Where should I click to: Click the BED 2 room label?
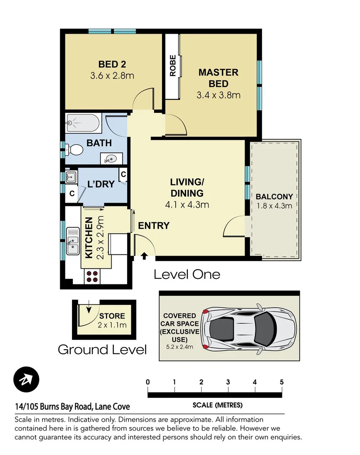tap(112, 64)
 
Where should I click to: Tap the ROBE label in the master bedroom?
tap(173, 66)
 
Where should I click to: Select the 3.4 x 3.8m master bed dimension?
tap(218, 95)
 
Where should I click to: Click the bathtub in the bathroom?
tap(83, 123)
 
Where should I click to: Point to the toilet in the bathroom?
tap(75, 149)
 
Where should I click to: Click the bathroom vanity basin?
tap(111, 158)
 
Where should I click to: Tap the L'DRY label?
tap(101, 184)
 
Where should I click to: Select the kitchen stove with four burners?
tap(93, 276)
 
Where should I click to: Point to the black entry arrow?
tap(144, 255)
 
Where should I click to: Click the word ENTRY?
tap(154, 226)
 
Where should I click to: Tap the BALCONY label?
tap(274, 196)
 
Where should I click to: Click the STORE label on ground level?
tap(112, 316)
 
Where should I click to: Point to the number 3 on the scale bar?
tap(228, 382)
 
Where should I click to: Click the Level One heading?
tap(187, 275)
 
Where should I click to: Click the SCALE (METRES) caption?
tap(217, 405)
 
